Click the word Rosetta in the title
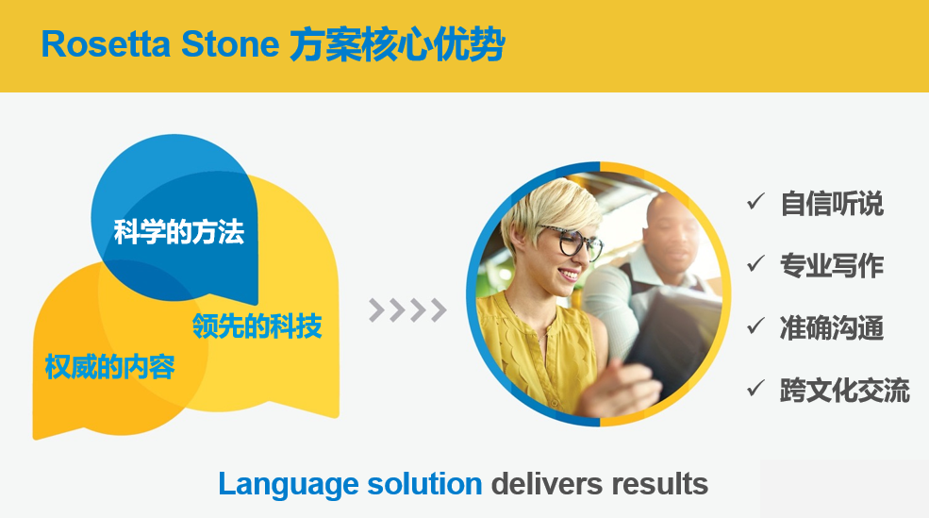106,44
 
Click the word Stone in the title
230,44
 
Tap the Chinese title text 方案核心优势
397,44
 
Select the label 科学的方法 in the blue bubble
179,232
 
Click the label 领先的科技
257,326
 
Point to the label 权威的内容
110,367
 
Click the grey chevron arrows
407,309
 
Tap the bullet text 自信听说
832,204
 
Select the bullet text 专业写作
832,265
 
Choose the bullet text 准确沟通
832,327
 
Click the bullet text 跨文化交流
845,390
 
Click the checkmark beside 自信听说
756,202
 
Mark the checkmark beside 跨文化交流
756,388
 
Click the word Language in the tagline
287,485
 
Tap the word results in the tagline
659,484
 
